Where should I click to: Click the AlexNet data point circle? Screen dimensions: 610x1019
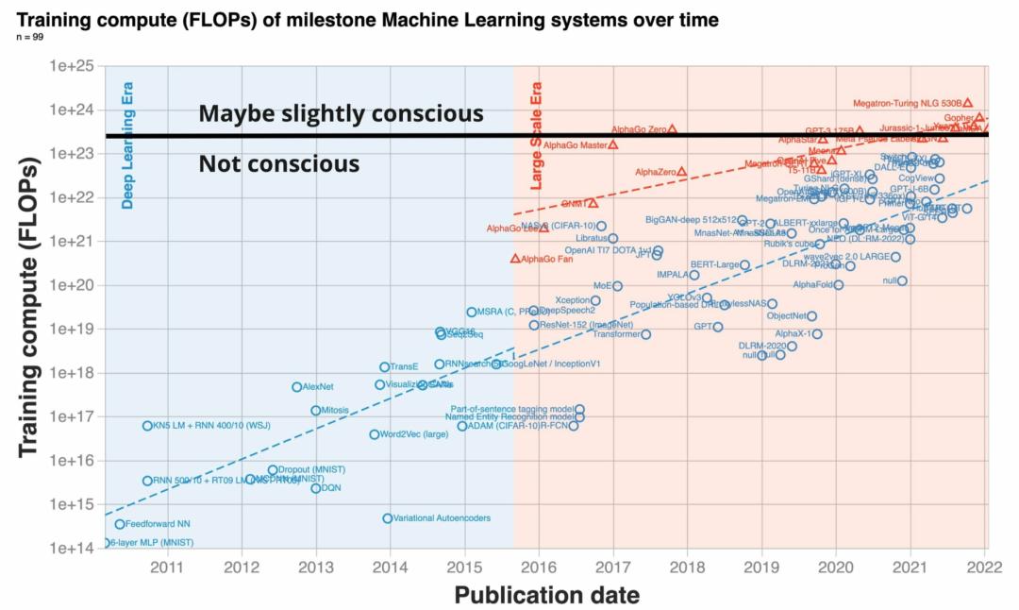tap(296, 387)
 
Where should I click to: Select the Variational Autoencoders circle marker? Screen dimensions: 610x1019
tap(388, 518)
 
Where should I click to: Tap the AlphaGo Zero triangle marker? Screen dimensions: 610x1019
tap(672, 129)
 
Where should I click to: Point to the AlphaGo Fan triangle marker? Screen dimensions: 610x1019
tap(515, 259)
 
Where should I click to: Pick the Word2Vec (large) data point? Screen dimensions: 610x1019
tap(374, 434)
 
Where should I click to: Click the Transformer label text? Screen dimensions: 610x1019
tap(616, 334)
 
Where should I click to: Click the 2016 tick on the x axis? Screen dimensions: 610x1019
tap(538, 567)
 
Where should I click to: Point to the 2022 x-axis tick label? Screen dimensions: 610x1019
tap(983, 567)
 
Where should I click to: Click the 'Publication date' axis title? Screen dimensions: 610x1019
tap(546, 595)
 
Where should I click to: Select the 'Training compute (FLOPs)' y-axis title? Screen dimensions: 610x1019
tap(28, 308)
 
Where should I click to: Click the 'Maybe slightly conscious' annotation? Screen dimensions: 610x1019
tap(341, 114)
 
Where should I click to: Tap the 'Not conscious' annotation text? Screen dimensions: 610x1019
tap(278, 164)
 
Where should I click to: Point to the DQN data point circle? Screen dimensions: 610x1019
tap(316, 488)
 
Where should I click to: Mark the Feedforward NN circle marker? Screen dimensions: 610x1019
tap(120, 524)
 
